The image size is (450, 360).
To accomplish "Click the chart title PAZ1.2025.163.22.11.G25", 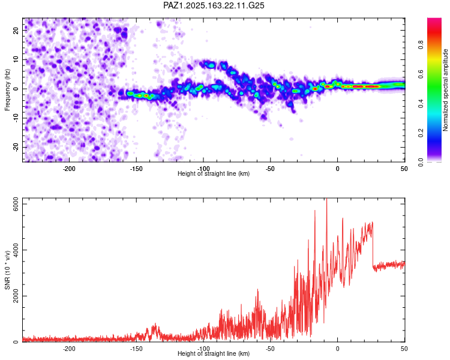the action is tap(214, 5).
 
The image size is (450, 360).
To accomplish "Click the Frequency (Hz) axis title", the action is tap(7, 90).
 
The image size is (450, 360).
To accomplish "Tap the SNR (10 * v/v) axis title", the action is tap(7, 270).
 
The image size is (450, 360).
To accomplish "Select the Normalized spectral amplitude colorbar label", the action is tap(445, 90).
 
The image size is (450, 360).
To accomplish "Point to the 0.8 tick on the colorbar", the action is tap(421, 45).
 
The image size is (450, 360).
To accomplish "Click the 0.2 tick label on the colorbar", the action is tap(421, 133).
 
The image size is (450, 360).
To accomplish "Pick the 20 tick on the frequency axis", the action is tap(16, 31).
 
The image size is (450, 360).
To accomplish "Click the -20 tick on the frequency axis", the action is tap(16, 148).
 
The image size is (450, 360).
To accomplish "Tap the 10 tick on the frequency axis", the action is tap(16, 59).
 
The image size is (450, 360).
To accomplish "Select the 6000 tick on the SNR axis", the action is tap(16, 204).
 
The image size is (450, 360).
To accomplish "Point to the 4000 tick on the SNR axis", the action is tap(16, 250).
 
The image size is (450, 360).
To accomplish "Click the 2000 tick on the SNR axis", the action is tap(16, 296).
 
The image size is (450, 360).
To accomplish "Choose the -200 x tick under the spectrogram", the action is tap(69, 169).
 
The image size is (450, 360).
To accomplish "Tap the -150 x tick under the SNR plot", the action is tap(136, 349).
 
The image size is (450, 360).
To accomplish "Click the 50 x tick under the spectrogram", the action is tap(404, 169).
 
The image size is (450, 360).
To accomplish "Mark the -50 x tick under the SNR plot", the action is tap(270, 349).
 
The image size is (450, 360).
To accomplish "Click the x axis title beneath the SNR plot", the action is tap(214, 353).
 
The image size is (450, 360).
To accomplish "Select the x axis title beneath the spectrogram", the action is tap(214, 173).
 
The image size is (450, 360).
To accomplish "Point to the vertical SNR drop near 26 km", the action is tap(373, 245).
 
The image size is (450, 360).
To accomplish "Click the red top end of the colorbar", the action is tap(434, 19).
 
